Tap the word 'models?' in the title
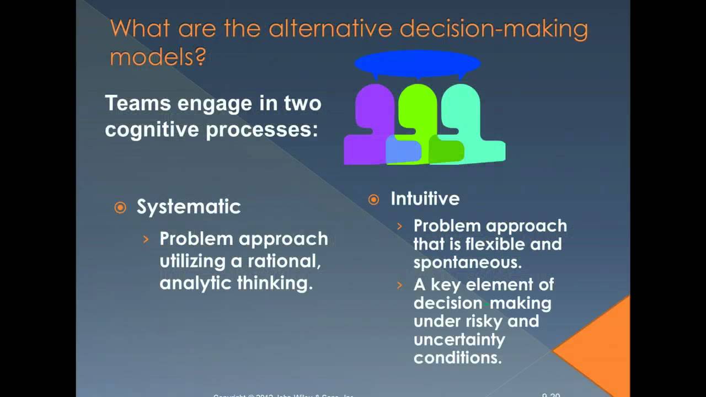tap(158, 56)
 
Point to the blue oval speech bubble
tap(417, 63)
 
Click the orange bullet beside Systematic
tap(120, 207)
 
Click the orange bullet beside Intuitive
tap(374, 200)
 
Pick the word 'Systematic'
tap(189, 207)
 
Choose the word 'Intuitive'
tap(425, 198)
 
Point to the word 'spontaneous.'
tap(467, 262)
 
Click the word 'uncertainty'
tap(459, 339)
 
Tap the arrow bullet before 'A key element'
tap(400, 285)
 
